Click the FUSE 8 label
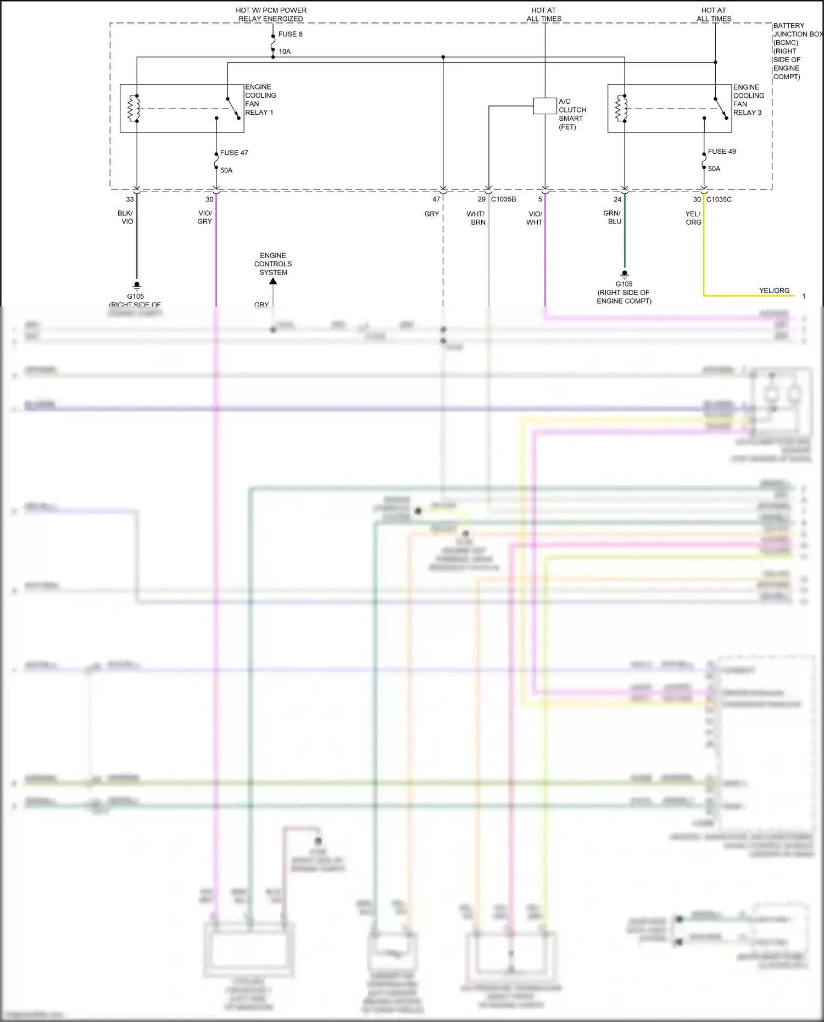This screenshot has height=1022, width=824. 290,34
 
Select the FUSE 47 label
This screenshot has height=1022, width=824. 234,153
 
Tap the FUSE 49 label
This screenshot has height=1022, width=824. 722,151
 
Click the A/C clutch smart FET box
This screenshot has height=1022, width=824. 544,106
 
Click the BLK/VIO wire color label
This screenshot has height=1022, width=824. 126,217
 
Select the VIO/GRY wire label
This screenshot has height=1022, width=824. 205,217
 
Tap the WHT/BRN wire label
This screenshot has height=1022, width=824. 476,218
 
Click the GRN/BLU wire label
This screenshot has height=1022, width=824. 612,217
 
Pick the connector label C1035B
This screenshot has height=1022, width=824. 503,199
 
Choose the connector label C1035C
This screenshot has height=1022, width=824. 719,199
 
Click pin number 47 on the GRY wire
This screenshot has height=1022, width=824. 436,199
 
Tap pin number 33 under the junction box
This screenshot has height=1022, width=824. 130,199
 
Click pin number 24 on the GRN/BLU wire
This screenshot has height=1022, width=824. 617,199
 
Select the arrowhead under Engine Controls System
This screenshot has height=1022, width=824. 273,281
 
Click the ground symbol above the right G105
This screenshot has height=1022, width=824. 624,274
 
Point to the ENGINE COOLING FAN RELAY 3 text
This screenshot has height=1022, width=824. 748,100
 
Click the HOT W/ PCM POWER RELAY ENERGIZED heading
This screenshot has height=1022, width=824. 271,14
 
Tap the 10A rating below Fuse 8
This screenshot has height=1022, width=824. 285,52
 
